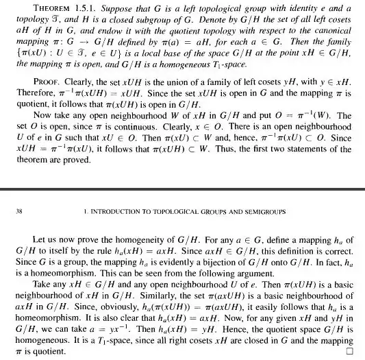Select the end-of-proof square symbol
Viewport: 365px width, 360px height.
click(x=349, y=352)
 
